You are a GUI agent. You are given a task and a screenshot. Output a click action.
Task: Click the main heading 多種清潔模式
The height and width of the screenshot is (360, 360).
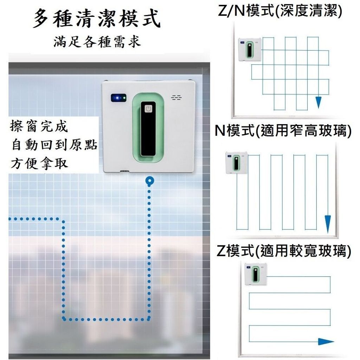(x=97, y=19)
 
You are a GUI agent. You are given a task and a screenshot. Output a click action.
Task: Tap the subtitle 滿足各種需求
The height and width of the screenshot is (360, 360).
(x=97, y=42)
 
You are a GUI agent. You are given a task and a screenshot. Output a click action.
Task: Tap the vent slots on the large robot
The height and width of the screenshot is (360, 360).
(x=175, y=97)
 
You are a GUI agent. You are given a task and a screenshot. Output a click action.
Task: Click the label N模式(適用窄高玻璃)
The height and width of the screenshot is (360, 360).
(x=283, y=132)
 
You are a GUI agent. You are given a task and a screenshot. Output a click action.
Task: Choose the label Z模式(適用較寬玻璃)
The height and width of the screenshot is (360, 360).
(x=284, y=252)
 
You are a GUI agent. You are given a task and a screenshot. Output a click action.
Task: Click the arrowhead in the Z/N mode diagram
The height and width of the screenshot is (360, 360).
(x=319, y=102)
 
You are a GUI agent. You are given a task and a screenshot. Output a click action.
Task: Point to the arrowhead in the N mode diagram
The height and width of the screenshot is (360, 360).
(x=328, y=222)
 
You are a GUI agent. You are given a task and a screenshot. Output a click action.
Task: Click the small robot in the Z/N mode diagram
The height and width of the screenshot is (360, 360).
(x=250, y=49)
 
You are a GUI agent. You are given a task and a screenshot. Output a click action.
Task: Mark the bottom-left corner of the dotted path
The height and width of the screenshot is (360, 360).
(x=64, y=319)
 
